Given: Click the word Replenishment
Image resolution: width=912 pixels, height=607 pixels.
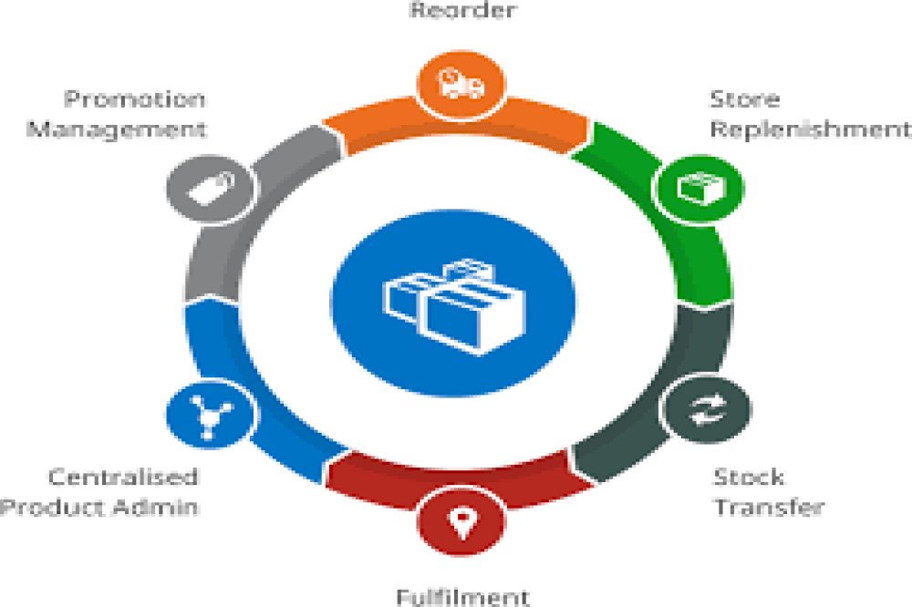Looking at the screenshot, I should [x=810, y=129].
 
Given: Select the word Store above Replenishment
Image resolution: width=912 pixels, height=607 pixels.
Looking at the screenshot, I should [x=744, y=98].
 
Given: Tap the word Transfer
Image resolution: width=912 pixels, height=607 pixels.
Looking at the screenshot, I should [x=768, y=507].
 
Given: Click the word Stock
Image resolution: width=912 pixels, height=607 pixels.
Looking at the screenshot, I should [x=748, y=477].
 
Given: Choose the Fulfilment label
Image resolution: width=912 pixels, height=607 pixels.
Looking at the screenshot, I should [x=462, y=597].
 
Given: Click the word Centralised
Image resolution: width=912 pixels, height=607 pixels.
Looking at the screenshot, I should [x=122, y=477].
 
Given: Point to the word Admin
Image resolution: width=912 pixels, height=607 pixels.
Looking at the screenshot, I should [x=159, y=507].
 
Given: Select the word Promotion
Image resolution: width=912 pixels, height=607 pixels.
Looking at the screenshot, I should [x=134, y=98].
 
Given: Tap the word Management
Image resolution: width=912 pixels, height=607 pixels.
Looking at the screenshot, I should [x=116, y=129].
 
